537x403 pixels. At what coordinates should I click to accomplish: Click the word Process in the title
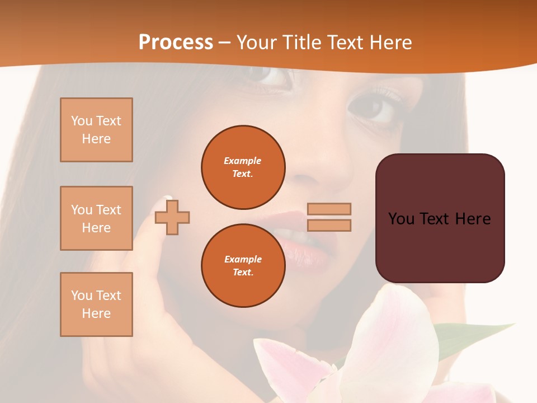[176, 43]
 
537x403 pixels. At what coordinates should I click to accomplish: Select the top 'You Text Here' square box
[96, 130]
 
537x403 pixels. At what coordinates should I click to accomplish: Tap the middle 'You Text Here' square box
[96, 218]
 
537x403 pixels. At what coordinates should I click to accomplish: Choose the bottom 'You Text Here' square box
[96, 304]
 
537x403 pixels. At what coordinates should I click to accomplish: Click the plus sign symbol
[172, 217]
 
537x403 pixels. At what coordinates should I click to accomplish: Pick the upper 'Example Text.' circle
[243, 167]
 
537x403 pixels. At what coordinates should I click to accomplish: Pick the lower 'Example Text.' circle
[243, 266]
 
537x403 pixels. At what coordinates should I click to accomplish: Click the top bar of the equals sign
[329, 209]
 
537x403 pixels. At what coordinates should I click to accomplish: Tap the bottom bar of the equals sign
[329, 226]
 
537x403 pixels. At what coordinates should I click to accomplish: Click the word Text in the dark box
[440, 219]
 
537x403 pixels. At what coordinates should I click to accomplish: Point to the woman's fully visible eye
[374, 108]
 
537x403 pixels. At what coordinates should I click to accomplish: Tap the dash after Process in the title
[225, 43]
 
